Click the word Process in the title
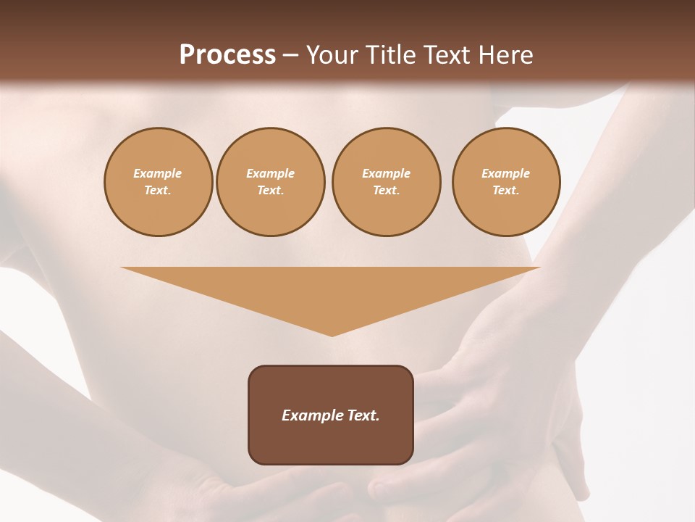[x=227, y=55]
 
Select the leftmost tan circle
[x=158, y=182]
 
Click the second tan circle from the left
[x=271, y=182]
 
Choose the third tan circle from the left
[x=387, y=182]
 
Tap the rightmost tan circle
[x=506, y=182]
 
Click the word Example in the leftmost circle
[x=158, y=173]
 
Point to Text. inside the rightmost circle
[x=506, y=191]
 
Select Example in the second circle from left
[x=271, y=173]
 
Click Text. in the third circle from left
[x=387, y=191]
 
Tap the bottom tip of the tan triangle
[x=332, y=334]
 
